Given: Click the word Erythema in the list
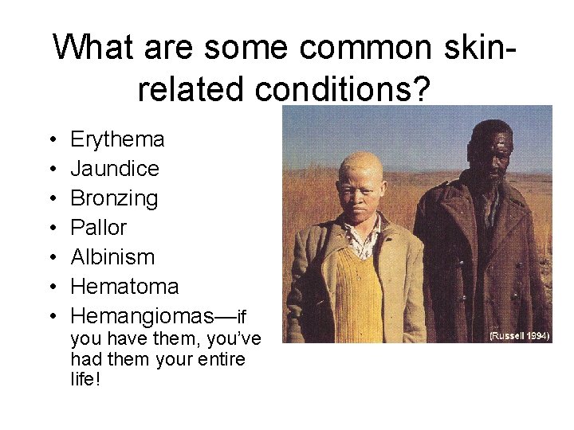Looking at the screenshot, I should coord(117,139).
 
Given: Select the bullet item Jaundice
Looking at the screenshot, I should coord(115,169).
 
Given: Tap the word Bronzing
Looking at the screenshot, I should coord(114,198).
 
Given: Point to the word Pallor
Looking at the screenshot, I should coord(98,228).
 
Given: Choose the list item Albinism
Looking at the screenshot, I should coord(112,257).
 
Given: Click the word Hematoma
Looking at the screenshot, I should coord(124,287).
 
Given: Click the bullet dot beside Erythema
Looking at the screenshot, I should coord(50,140).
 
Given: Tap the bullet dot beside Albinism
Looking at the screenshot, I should coord(50,258).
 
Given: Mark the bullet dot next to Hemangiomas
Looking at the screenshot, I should coord(50,317).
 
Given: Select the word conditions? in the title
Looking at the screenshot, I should coord(344,90).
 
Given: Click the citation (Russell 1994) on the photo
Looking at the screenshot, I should coord(519,336).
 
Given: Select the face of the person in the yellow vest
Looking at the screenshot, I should coord(362,191).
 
